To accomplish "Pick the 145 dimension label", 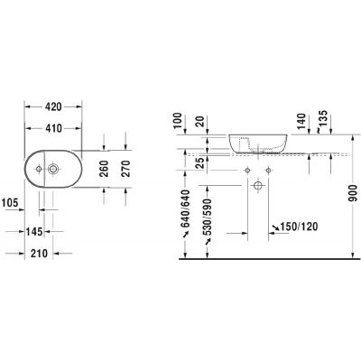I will click(35, 232).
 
